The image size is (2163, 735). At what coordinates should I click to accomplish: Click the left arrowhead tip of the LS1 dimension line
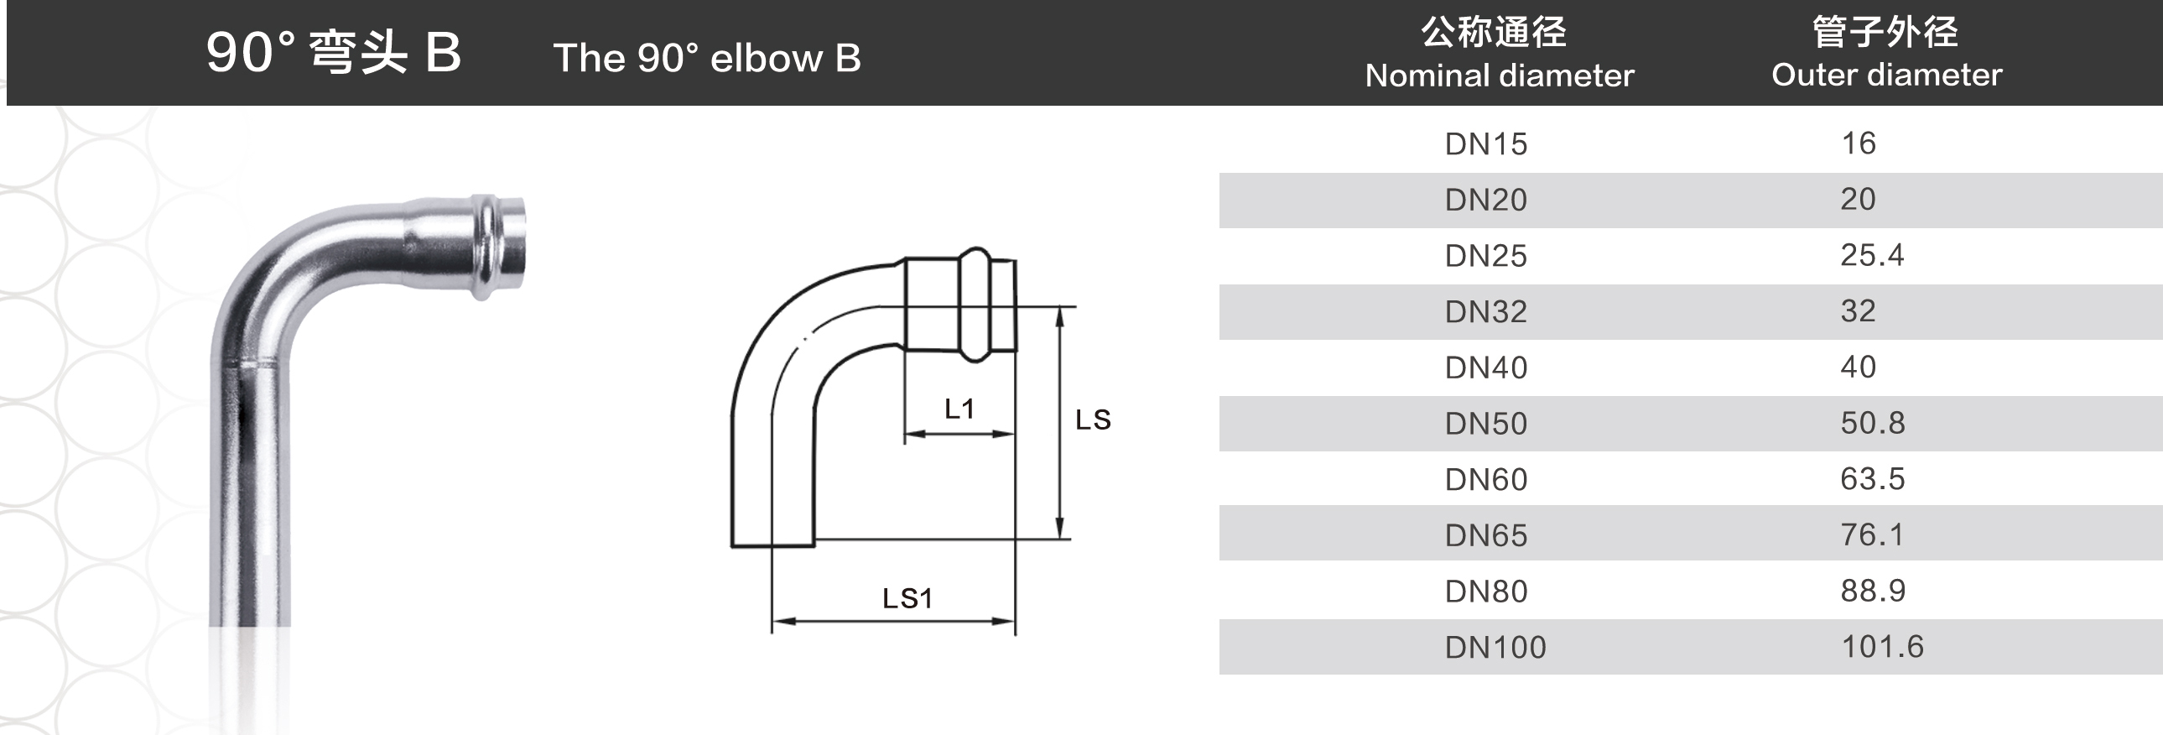772,622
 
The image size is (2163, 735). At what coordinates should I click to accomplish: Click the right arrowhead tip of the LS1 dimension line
1014,622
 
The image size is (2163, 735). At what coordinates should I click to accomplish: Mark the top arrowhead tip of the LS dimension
1059,307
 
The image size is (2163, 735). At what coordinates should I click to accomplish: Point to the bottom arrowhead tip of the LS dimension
1059,539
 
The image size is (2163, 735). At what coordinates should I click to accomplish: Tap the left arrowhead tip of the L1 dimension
905,435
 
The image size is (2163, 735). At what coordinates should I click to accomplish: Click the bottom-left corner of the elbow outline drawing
732,547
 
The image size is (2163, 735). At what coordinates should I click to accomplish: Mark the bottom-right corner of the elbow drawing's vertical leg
814,547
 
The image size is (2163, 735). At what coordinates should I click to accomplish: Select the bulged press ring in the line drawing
975,305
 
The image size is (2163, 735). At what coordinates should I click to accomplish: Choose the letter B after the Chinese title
443,52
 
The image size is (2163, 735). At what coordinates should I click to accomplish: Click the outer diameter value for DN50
1873,423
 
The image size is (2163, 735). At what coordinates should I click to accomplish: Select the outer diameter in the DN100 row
1882,647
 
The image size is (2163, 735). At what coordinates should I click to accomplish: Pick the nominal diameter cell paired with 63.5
1485,480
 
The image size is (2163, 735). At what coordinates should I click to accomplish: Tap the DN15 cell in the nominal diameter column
1485,144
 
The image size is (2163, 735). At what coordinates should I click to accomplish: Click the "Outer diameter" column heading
1887,75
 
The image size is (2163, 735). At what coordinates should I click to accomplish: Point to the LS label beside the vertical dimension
1094,420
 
